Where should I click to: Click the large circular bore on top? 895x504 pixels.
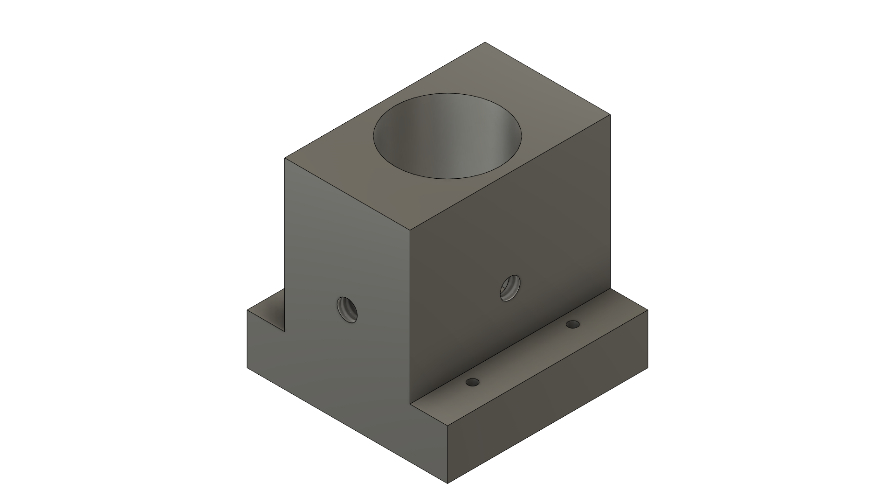tap(447, 136)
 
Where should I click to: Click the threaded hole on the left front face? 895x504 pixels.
tap(347, 309)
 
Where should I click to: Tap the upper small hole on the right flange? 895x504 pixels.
tap(572, 324)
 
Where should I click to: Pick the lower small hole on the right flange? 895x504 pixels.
tap(473, 382)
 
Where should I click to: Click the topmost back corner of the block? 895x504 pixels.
tap(485, 42)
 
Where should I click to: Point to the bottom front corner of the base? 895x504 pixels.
tap(447, 483)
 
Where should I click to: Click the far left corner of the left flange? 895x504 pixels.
tap(247, 309)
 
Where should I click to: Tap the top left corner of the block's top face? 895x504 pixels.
tap(285, 158)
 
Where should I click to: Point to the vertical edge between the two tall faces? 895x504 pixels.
tap(410, 317)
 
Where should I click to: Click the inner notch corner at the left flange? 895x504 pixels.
tap(285, 331)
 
